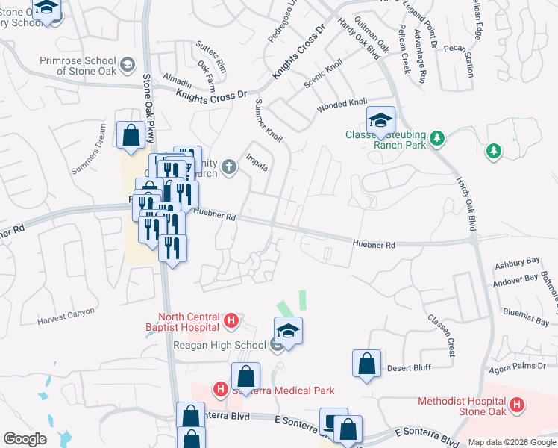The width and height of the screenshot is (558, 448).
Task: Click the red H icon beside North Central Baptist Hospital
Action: [x=231, y=322]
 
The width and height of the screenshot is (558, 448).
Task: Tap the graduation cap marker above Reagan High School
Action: [x=288, y=330]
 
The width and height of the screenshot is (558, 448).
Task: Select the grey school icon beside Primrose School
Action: [x=128, y=65]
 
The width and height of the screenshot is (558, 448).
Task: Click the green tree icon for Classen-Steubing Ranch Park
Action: [x=438, y=138]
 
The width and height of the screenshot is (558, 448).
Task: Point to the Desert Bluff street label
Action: [x=410, y=368]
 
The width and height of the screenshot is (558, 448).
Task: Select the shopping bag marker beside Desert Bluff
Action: [x=366, y=364]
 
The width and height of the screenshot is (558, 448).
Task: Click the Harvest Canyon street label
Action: [x=66, y=317]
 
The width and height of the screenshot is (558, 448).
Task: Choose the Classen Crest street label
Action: [x=441, y=334]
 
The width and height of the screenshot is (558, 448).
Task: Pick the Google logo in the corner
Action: [x=25, y=439]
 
